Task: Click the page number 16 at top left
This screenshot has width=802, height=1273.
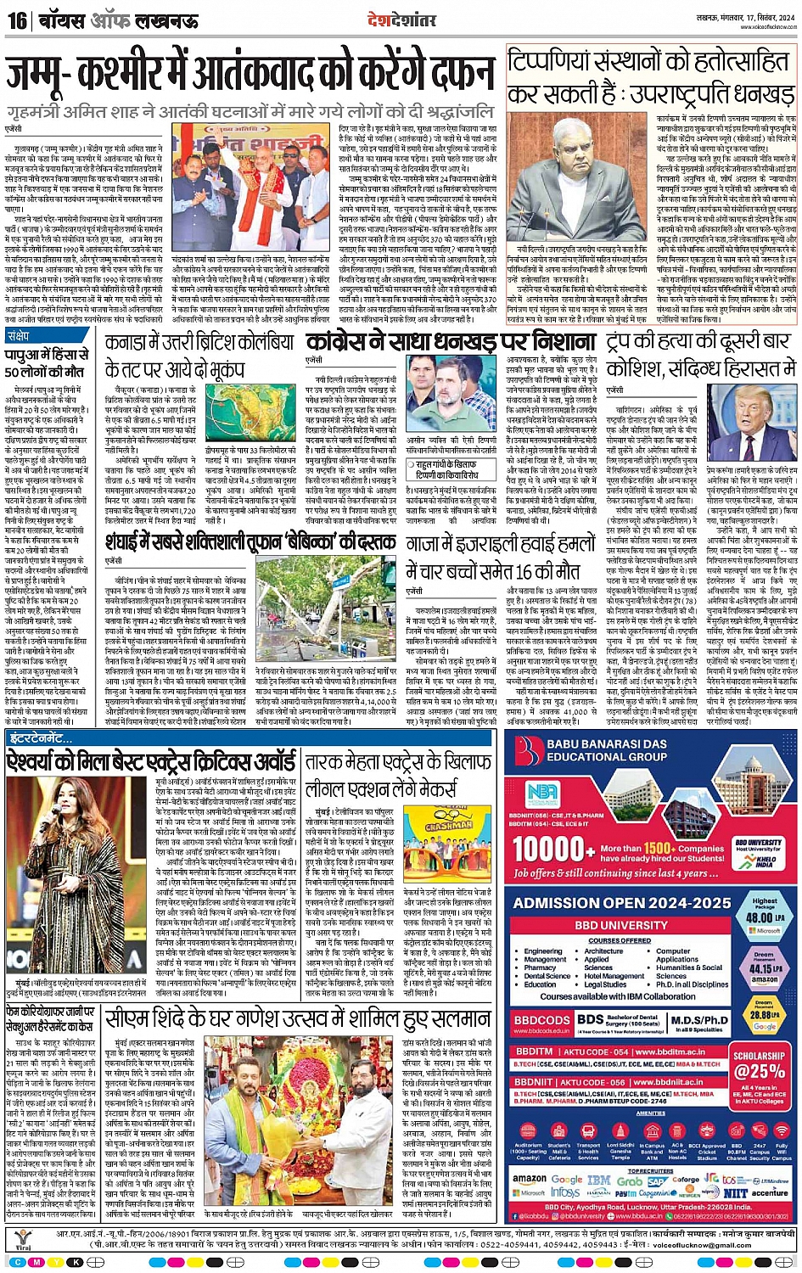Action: pyautogui.click(x=17, y=19)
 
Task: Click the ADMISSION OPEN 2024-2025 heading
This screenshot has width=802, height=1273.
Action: pyautogui.click(x=610, y=903)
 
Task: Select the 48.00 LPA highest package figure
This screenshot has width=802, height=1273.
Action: pyautogui.click(x=760, y=917)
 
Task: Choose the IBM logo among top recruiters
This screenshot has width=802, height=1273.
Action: pyautogui.click(x=599, y=1180)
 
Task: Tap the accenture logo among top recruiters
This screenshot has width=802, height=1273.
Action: pyautogui.click(x=769, y=1192)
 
